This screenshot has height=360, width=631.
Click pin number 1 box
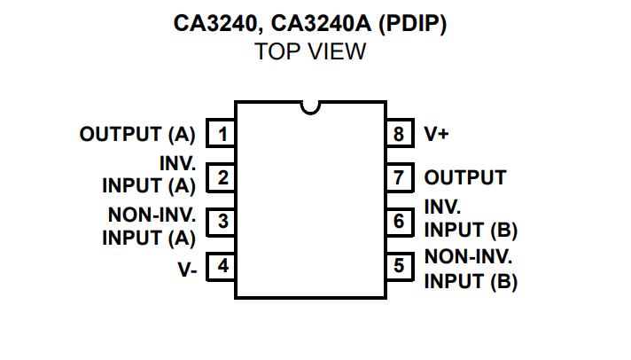click(222, 135)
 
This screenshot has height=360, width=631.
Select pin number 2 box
click(222, 178)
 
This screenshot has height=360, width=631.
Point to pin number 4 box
click(222, 265)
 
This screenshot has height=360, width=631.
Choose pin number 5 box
click(399, 265)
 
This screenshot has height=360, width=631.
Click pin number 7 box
click(399, 178)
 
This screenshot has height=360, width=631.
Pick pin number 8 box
click(399, 135)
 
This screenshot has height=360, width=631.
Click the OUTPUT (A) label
click(137, 135)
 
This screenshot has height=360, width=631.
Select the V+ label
click(437, 135)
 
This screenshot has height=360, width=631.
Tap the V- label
click(188, 269)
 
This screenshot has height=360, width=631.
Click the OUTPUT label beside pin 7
click(465, 178)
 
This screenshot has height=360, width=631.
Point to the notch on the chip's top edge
click(310, 107)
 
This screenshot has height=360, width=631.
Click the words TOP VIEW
click(310, 52)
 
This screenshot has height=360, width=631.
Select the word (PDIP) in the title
click(412, 24)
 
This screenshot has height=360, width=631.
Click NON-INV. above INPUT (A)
click(152, 215)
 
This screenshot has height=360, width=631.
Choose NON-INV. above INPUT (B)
click(469, 258)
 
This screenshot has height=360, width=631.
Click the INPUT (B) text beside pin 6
click(471, 230)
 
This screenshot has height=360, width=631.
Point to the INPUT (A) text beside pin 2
click(149, 186)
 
